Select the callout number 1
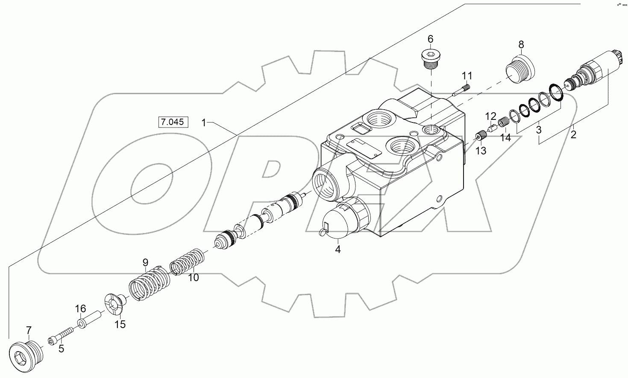click(x=204, y=123)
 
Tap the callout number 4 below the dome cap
click(x=337, y=250)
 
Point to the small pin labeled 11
click(x=462, y=90)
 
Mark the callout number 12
click(x=490, y=116)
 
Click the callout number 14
click(x=505, y=137)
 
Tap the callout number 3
click(x=539, y=128)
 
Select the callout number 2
click(x=573, y=135)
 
